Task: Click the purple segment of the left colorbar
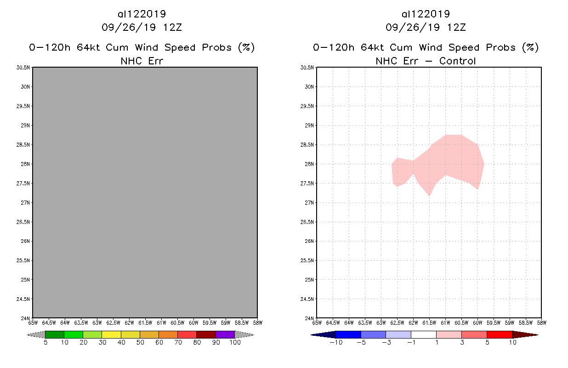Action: (225, 334)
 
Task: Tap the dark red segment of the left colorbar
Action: (206, 334)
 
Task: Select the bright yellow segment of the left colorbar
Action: (111, 334)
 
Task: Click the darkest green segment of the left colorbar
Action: (55, 334)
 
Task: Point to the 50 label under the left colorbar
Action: (140, 342)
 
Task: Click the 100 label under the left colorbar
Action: (235, 342)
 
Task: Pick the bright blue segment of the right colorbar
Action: (348, 334)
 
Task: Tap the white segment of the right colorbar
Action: (424, 334)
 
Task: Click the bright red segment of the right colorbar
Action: (499, 334)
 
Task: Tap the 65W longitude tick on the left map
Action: (33, 322)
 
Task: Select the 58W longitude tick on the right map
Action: (541, 322)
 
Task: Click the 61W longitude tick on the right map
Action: (445, 322)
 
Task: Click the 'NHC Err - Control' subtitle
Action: (426, 61)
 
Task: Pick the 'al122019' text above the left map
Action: (142, 14)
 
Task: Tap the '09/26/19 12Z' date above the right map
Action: (426, 27)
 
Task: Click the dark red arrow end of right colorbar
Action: (524, 334)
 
